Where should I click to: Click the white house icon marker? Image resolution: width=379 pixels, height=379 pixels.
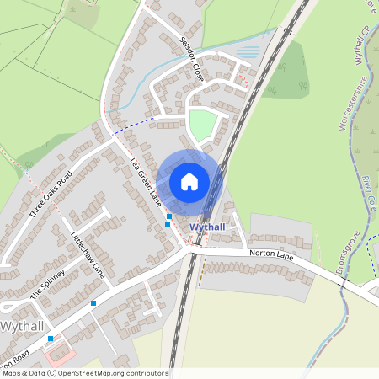tap(189, 182)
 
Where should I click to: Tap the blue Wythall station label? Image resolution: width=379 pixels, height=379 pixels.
tap(207, 228)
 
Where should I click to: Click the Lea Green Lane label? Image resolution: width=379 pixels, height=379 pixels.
tap(145, 185)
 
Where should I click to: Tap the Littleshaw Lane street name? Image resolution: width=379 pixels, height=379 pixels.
tap(88, 255)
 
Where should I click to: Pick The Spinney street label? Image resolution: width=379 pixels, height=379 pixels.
tap(47, 284)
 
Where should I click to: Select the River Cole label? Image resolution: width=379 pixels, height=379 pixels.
tap(367, 193)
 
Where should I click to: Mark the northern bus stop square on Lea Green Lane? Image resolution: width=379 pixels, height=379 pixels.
tap(169, 216)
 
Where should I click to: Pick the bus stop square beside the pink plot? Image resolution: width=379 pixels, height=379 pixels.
tap(51, 339)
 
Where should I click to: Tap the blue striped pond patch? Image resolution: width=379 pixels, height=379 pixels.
tap(248, 51)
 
